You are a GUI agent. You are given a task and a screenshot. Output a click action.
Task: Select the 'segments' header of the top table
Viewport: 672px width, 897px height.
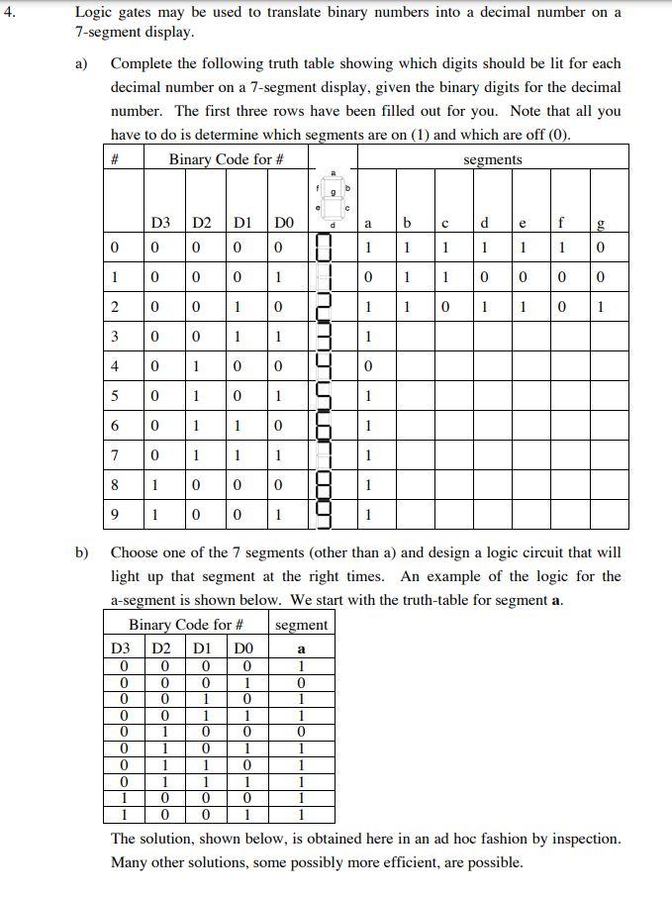(492, 159)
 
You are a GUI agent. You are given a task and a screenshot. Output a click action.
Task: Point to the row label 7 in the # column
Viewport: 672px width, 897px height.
(115, 453)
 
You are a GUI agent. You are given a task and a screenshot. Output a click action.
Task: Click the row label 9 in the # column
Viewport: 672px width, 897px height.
(115, 516)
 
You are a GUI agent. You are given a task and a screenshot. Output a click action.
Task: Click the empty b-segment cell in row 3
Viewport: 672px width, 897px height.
(408, 336)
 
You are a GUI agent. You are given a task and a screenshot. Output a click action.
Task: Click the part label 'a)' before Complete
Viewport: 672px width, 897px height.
(83, 63)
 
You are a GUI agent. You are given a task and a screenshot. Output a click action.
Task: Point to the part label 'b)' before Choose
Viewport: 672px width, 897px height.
(83, 552)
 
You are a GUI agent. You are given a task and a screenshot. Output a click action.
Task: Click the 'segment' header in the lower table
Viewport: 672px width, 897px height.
(302, 625)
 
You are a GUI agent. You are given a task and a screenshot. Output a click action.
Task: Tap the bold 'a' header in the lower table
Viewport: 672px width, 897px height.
(302, 648)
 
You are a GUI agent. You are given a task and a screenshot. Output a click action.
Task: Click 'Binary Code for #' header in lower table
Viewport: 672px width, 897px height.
(186, 625)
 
